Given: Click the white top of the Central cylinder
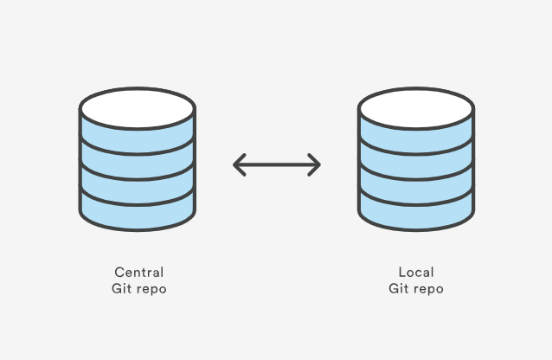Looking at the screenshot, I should coord(138,109).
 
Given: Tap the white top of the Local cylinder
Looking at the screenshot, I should coord(416,109).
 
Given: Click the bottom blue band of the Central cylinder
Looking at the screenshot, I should coord(138,210).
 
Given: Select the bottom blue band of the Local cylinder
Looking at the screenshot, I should coord(416,210).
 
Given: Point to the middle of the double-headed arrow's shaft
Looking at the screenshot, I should coord(277,164).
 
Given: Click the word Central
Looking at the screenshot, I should coord(138,272).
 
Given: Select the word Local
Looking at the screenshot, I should coord(416,272).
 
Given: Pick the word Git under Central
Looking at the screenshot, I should coord(120,289).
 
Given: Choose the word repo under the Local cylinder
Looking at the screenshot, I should coord(427,290).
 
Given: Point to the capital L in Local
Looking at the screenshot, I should coord(401,272).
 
